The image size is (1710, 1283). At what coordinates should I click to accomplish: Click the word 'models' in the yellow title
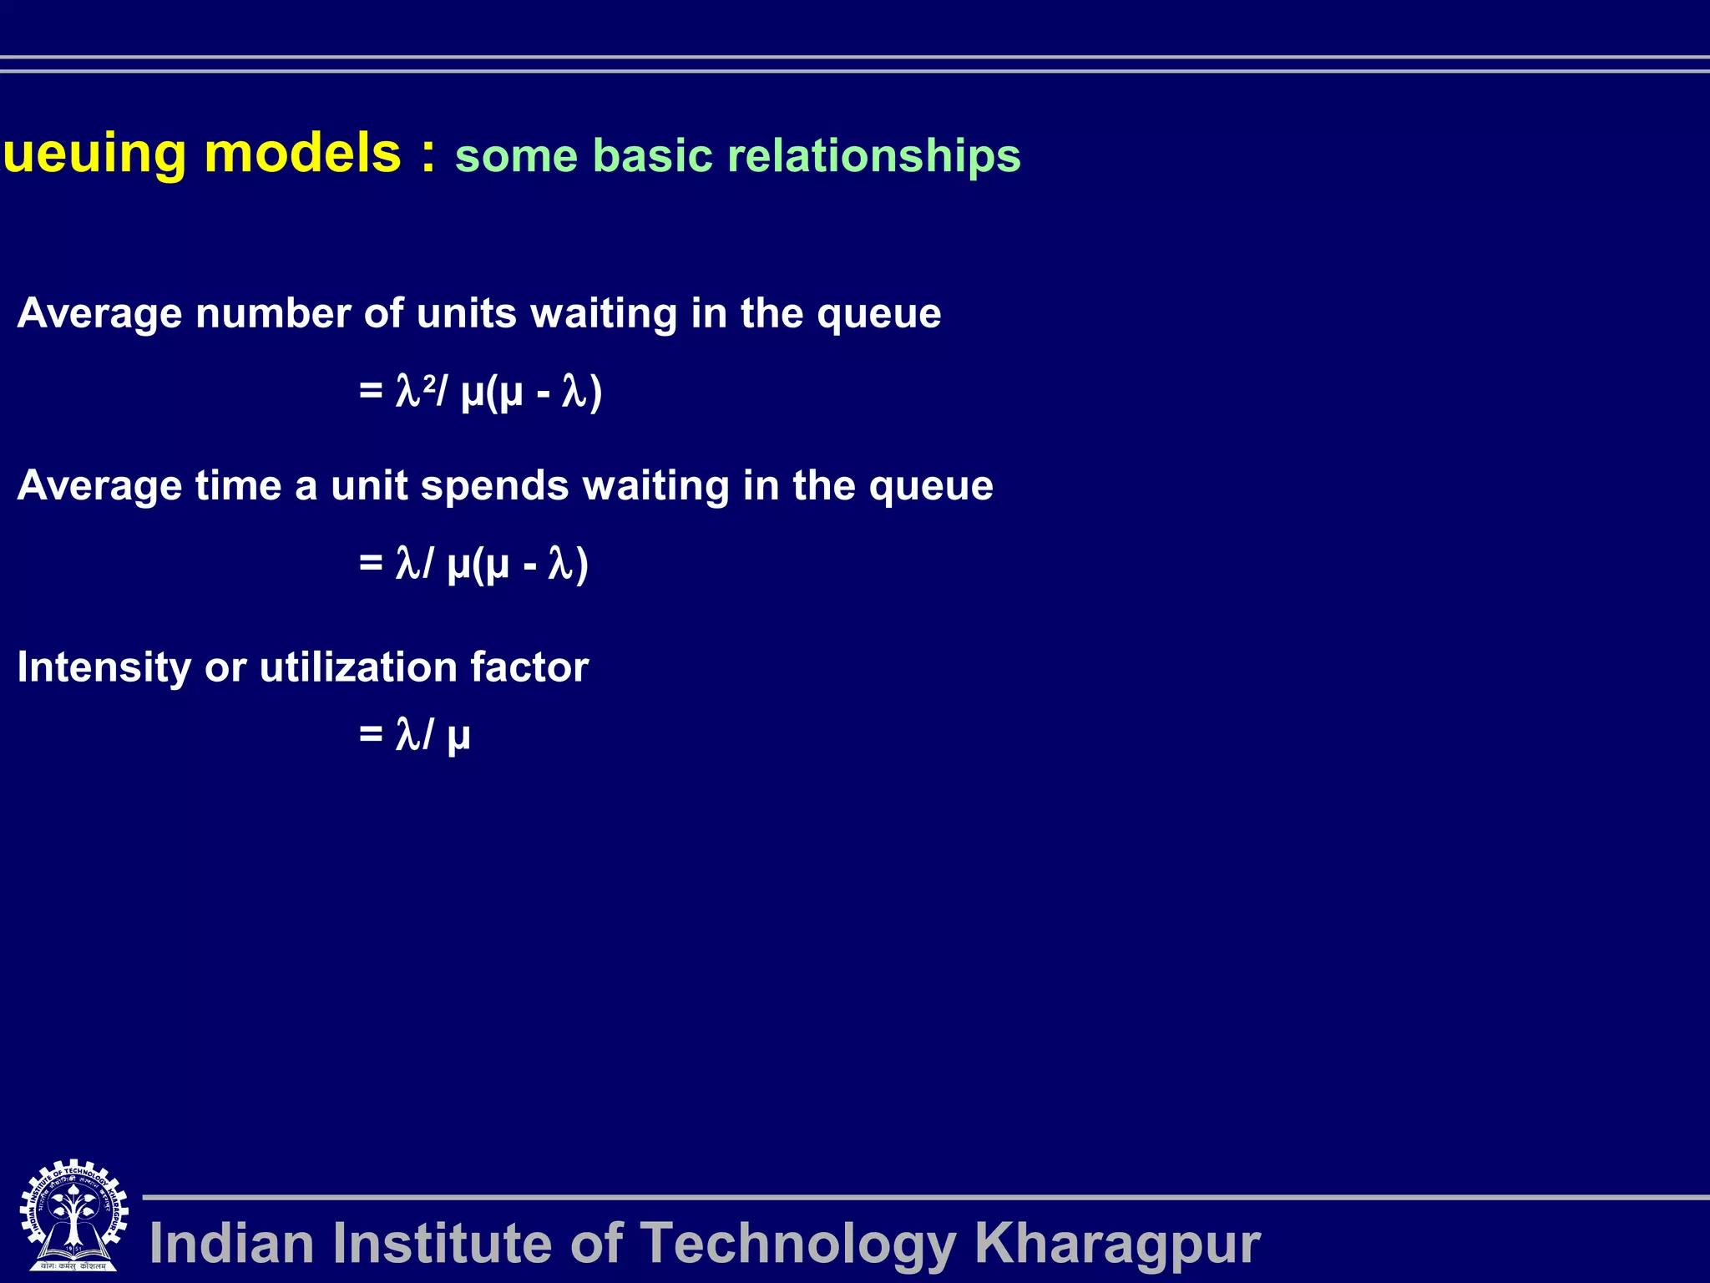coord(302,154)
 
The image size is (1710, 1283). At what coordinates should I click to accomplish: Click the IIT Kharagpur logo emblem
coord(73,1216)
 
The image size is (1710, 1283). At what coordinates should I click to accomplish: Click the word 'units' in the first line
coord(467,314)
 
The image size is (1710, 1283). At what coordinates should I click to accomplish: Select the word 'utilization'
coord(358,668)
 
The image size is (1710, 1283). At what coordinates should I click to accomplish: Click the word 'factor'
coord(529,668)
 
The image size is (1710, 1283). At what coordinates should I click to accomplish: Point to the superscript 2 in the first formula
coord(429,382)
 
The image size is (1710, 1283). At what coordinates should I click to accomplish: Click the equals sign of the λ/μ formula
coord(371,734)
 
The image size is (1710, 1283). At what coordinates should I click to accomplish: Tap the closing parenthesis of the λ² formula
coord(595,393)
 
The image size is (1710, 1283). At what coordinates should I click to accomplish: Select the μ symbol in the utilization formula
coord(458,738)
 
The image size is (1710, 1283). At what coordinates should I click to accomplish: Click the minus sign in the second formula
coord(529,566)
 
